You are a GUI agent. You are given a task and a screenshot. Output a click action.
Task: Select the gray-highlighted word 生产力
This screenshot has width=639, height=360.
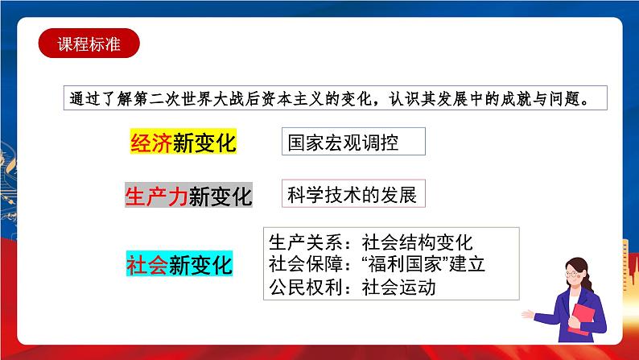156,197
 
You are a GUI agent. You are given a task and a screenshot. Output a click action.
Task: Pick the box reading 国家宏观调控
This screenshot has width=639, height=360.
352,143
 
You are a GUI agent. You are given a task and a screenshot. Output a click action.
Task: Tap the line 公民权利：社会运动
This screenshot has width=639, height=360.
352,287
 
